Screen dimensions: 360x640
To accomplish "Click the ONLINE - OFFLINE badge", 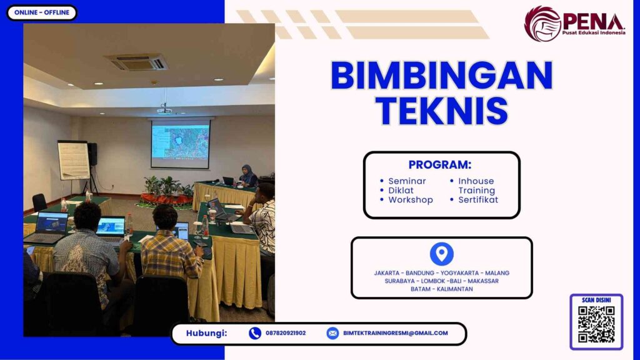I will (x=42, y=12).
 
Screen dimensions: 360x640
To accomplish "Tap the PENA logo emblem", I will (x=542, y=24).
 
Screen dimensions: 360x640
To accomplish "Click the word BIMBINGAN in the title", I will (x=441, y=76).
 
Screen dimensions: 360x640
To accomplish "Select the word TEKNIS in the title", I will (x=442, y=110).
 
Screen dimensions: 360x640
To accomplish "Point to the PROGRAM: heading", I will (x=440, y=165).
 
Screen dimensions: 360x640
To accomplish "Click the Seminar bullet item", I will (x=406, y=181).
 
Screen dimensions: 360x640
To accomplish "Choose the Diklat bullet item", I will (x=401, y=191).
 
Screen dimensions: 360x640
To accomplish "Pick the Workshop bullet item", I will (x=410, y=200).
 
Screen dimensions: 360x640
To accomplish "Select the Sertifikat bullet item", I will (x=477, y=200).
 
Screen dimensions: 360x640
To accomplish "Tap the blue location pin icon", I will (x=441, y=254).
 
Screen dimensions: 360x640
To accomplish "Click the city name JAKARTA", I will (x=387, y=273).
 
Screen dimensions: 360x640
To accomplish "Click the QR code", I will (x=596, y=324).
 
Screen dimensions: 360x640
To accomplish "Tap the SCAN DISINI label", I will (x=596, y=300).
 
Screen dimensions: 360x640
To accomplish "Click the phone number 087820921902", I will (x=286, y=333).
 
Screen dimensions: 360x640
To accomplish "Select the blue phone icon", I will (x=254, y=333).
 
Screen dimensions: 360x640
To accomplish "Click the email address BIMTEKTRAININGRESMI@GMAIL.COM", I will (x=396, y=333).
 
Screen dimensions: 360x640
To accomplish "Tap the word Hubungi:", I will (x=206, y=333).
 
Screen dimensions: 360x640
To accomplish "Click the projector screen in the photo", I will (x=180, y=142).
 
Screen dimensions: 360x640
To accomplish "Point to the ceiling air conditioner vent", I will (x=136, y=62).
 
